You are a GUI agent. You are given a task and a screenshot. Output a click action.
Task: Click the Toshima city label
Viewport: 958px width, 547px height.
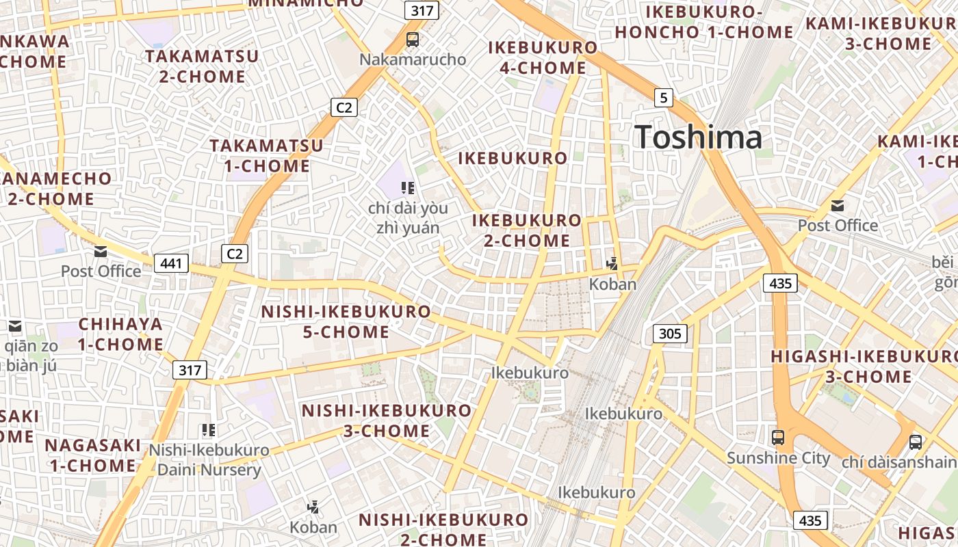698,137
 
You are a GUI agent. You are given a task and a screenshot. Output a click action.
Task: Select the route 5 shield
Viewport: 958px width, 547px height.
663,98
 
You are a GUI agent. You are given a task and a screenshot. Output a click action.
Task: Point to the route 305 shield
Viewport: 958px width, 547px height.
670,334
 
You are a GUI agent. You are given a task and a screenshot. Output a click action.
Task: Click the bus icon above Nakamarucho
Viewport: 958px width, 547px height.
412,40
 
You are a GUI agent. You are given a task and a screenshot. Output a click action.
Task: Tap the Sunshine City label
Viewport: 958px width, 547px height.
778,458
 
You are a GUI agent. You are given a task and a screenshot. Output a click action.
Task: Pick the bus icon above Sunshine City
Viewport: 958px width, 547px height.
778,438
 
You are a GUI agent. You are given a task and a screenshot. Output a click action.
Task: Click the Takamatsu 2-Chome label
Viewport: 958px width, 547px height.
202,66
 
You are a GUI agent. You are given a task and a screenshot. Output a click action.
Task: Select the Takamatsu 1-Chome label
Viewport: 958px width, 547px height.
266,155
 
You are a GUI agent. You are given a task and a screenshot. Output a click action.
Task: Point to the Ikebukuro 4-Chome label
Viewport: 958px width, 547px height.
543,57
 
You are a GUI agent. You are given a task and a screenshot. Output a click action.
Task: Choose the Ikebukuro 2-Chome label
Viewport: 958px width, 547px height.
527,230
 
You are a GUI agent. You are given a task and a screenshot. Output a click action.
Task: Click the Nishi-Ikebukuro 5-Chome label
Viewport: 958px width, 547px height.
346,322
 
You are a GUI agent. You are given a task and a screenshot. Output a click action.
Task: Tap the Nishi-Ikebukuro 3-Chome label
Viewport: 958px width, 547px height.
387,421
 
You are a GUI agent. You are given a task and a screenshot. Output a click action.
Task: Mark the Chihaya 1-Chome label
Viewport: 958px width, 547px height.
120,334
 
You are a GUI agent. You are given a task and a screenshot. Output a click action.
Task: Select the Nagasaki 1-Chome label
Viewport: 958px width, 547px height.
92,455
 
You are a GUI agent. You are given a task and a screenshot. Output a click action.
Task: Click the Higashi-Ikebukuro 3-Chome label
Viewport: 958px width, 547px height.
864,366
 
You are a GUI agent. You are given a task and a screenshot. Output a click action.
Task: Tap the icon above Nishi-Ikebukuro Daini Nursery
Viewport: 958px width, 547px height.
209,430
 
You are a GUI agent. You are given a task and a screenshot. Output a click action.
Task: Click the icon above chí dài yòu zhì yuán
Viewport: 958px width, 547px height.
408,188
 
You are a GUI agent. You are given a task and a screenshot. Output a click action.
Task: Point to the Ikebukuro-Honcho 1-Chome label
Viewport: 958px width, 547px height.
704,22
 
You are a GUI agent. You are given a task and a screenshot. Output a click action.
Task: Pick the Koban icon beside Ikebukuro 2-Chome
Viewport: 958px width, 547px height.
612,263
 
